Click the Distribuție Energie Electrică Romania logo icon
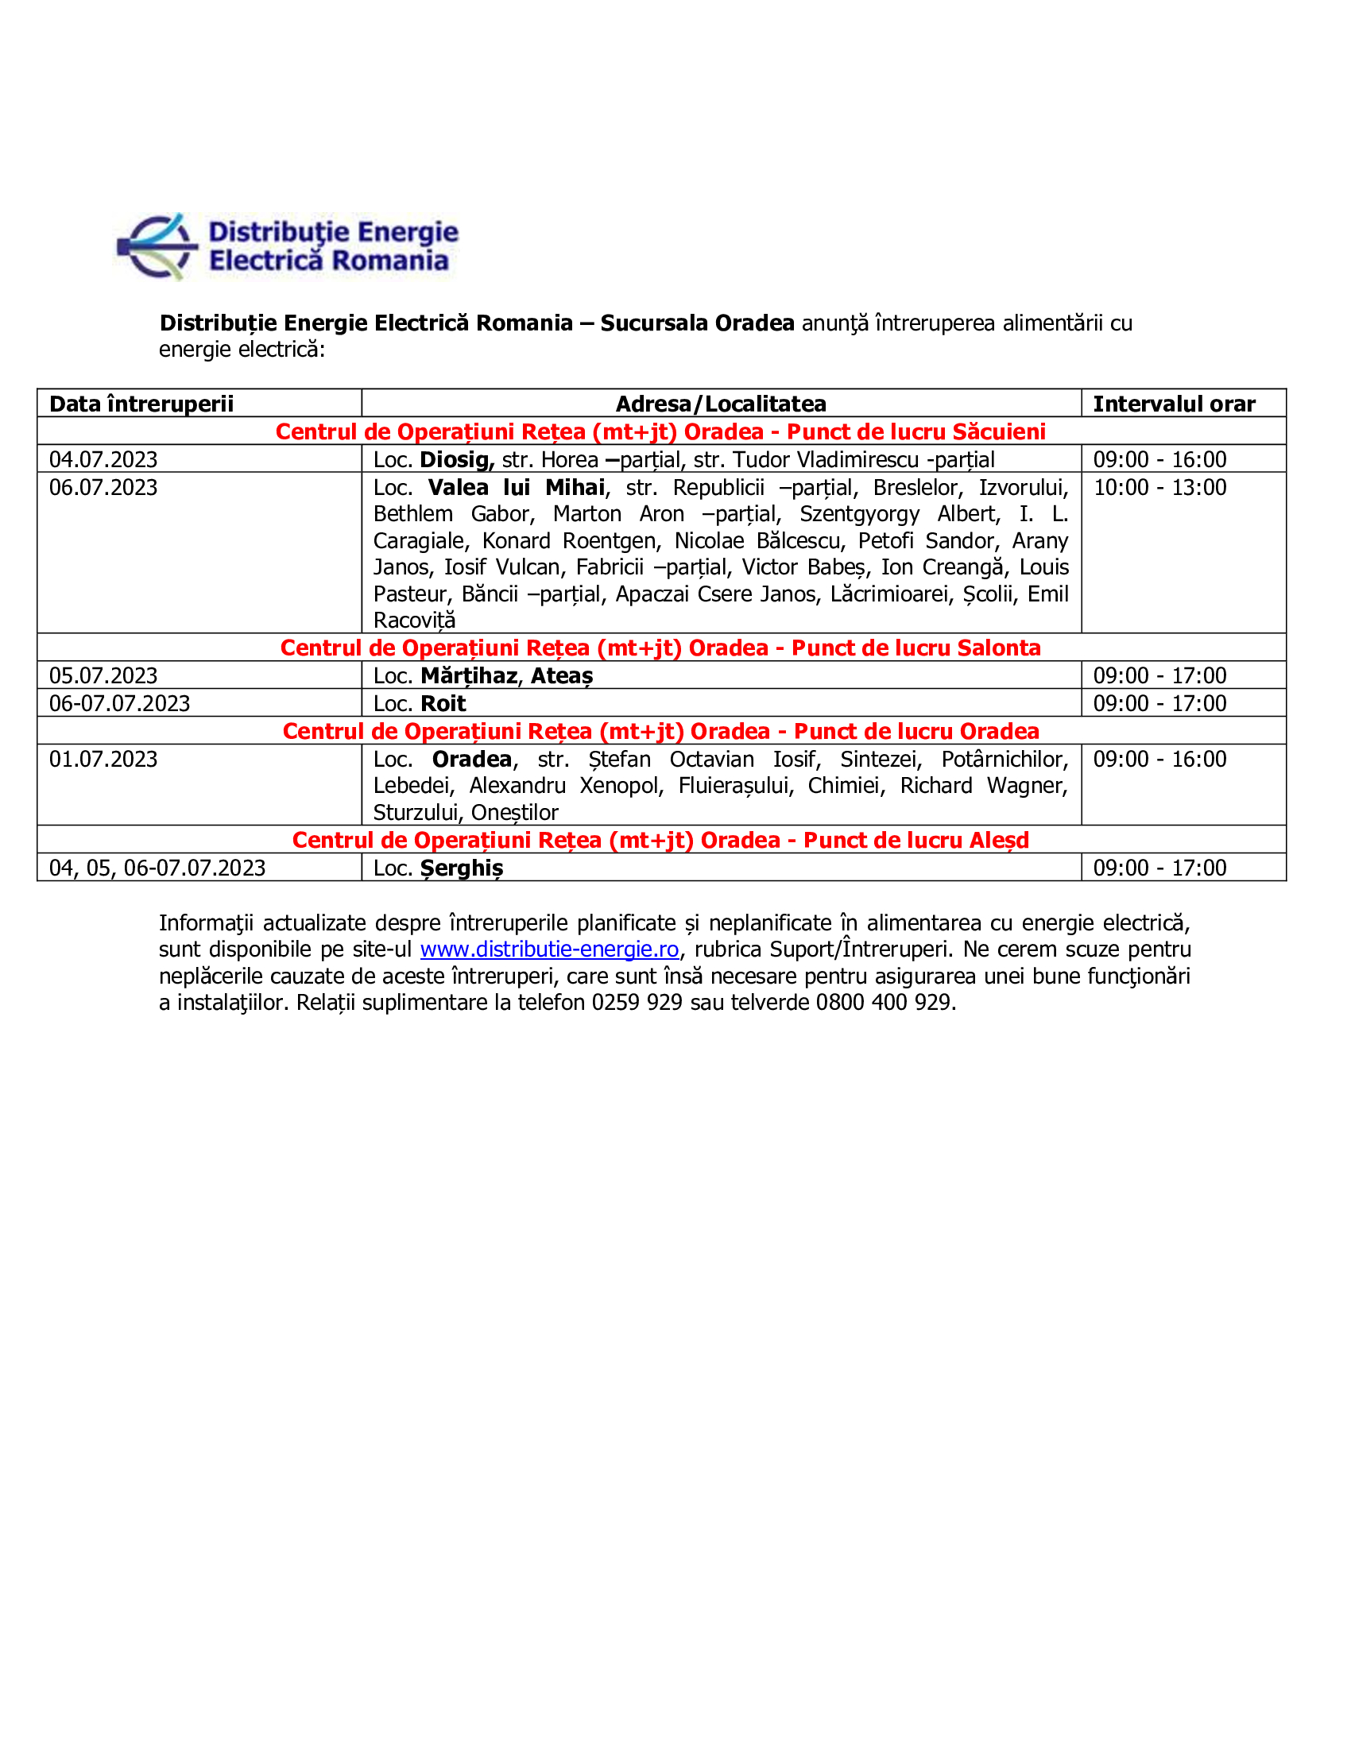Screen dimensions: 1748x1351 pyautogui.click(x=157, y=246)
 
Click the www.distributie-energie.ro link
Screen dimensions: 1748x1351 pyautogui.click(x=549, y=949)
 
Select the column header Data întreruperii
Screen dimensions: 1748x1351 pyautogui.click(x=141, y=404)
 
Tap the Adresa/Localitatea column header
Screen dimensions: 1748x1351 pyautogui.click(x=720, y=404)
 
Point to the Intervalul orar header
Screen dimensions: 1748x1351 pyautogui.click(x=1174, y=404)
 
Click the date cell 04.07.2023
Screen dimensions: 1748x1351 pyautogui.click(x=103, y=459)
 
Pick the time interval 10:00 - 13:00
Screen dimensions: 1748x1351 pyautogui.click(x=1159, y=487)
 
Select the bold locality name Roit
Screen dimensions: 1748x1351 pyautogui.click(x=443, y=703)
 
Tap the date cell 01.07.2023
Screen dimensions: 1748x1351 pyautogui.click(x=103, y=759)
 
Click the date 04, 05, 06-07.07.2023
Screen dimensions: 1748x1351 pyautogui.click(x=157, y=868)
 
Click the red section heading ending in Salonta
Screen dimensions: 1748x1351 pyautogui.click(x=660, y=648)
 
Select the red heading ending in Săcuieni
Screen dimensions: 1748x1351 pyautogui.click(x=660, y=431)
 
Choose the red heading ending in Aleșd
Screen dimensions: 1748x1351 pyautogui.click(x=660, y=840)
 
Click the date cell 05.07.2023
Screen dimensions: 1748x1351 pyautogui.click(x=103, y=675)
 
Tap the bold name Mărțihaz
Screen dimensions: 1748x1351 pyautogui.click(x=469, y=675)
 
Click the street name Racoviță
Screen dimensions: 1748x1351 pyautogui.click(x=415, y=621)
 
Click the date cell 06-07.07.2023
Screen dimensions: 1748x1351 pyautogui.click(x=119, y=703)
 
